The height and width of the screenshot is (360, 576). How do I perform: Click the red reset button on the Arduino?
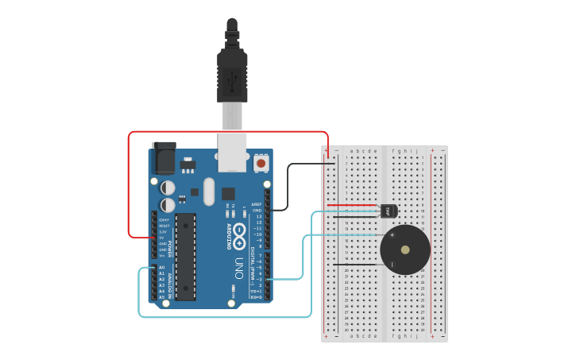pos(261,164)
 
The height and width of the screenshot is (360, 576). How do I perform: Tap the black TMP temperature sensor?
pos(389,211)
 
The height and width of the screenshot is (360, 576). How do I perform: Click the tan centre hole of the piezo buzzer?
pos(405,250)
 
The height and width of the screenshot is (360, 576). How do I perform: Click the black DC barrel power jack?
pos(164,157)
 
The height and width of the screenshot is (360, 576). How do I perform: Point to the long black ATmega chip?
pos(185,257)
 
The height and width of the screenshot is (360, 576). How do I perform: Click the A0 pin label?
pos(162,268)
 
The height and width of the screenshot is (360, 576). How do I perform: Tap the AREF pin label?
pos(257,204)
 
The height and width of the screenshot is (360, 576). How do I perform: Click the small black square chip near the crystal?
pos(228,193)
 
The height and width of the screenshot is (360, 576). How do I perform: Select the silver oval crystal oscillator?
pos(209,191)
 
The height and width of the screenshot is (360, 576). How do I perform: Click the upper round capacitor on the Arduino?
pos(168,188)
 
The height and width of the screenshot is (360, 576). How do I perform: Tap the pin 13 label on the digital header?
pos(257,216)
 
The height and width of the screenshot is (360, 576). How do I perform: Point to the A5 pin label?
pos(162,296)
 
